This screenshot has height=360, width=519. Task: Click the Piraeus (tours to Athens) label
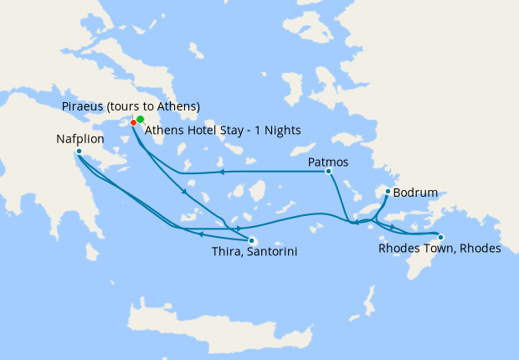pos(131,106)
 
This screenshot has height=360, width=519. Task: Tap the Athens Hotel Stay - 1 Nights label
pos(222,131)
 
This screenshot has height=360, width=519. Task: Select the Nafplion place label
pos(81,141)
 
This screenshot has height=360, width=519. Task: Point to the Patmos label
pos(328,161)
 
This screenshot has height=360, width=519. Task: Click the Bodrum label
pos(416,193)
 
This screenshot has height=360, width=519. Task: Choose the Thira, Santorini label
pos(252,251)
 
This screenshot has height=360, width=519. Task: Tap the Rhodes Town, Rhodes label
pos(439,249)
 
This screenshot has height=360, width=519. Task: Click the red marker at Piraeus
pos(133,123)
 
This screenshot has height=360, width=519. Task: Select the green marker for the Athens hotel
pos(141,119)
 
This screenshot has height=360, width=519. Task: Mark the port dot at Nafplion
pos(79,152)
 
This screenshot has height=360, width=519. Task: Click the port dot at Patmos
pos(328,171)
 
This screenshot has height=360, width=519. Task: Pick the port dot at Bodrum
pos(387,192)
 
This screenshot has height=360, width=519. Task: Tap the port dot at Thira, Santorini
pos(251,241)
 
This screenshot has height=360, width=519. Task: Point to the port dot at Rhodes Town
pos(440,237)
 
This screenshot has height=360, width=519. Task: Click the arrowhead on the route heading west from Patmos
pos(222,172)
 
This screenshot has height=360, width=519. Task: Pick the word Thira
pos(222,251)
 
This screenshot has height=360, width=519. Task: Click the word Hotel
pos(196,131)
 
